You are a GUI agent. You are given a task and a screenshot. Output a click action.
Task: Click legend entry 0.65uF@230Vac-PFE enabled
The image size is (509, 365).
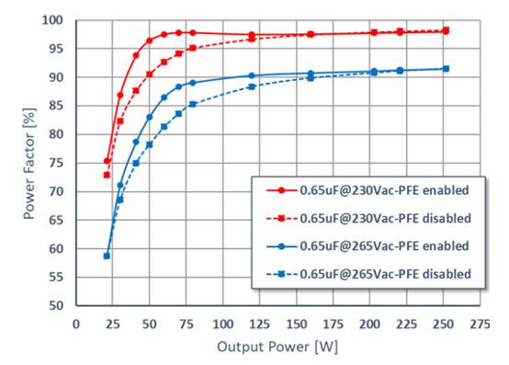coord(384,191)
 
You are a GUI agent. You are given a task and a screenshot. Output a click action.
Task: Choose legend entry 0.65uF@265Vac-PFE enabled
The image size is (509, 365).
coord(384,245)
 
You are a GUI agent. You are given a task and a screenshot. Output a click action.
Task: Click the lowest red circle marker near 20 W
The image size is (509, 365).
coord(107,161)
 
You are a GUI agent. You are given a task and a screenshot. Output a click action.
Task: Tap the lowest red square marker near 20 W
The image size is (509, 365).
coord(107,175)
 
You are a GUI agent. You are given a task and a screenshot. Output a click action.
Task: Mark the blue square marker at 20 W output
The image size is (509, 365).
coord(107,256)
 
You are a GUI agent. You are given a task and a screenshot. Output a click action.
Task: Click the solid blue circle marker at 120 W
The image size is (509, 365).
coord(252,75)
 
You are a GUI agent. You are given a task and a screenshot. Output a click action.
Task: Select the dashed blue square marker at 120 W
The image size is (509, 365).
coord(252,86)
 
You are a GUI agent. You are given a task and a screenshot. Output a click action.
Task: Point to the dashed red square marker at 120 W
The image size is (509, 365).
coord(252,39)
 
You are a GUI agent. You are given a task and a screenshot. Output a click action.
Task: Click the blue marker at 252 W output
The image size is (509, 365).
coord(446,69)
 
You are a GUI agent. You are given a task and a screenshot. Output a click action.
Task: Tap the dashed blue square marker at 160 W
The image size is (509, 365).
coord(311,78)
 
